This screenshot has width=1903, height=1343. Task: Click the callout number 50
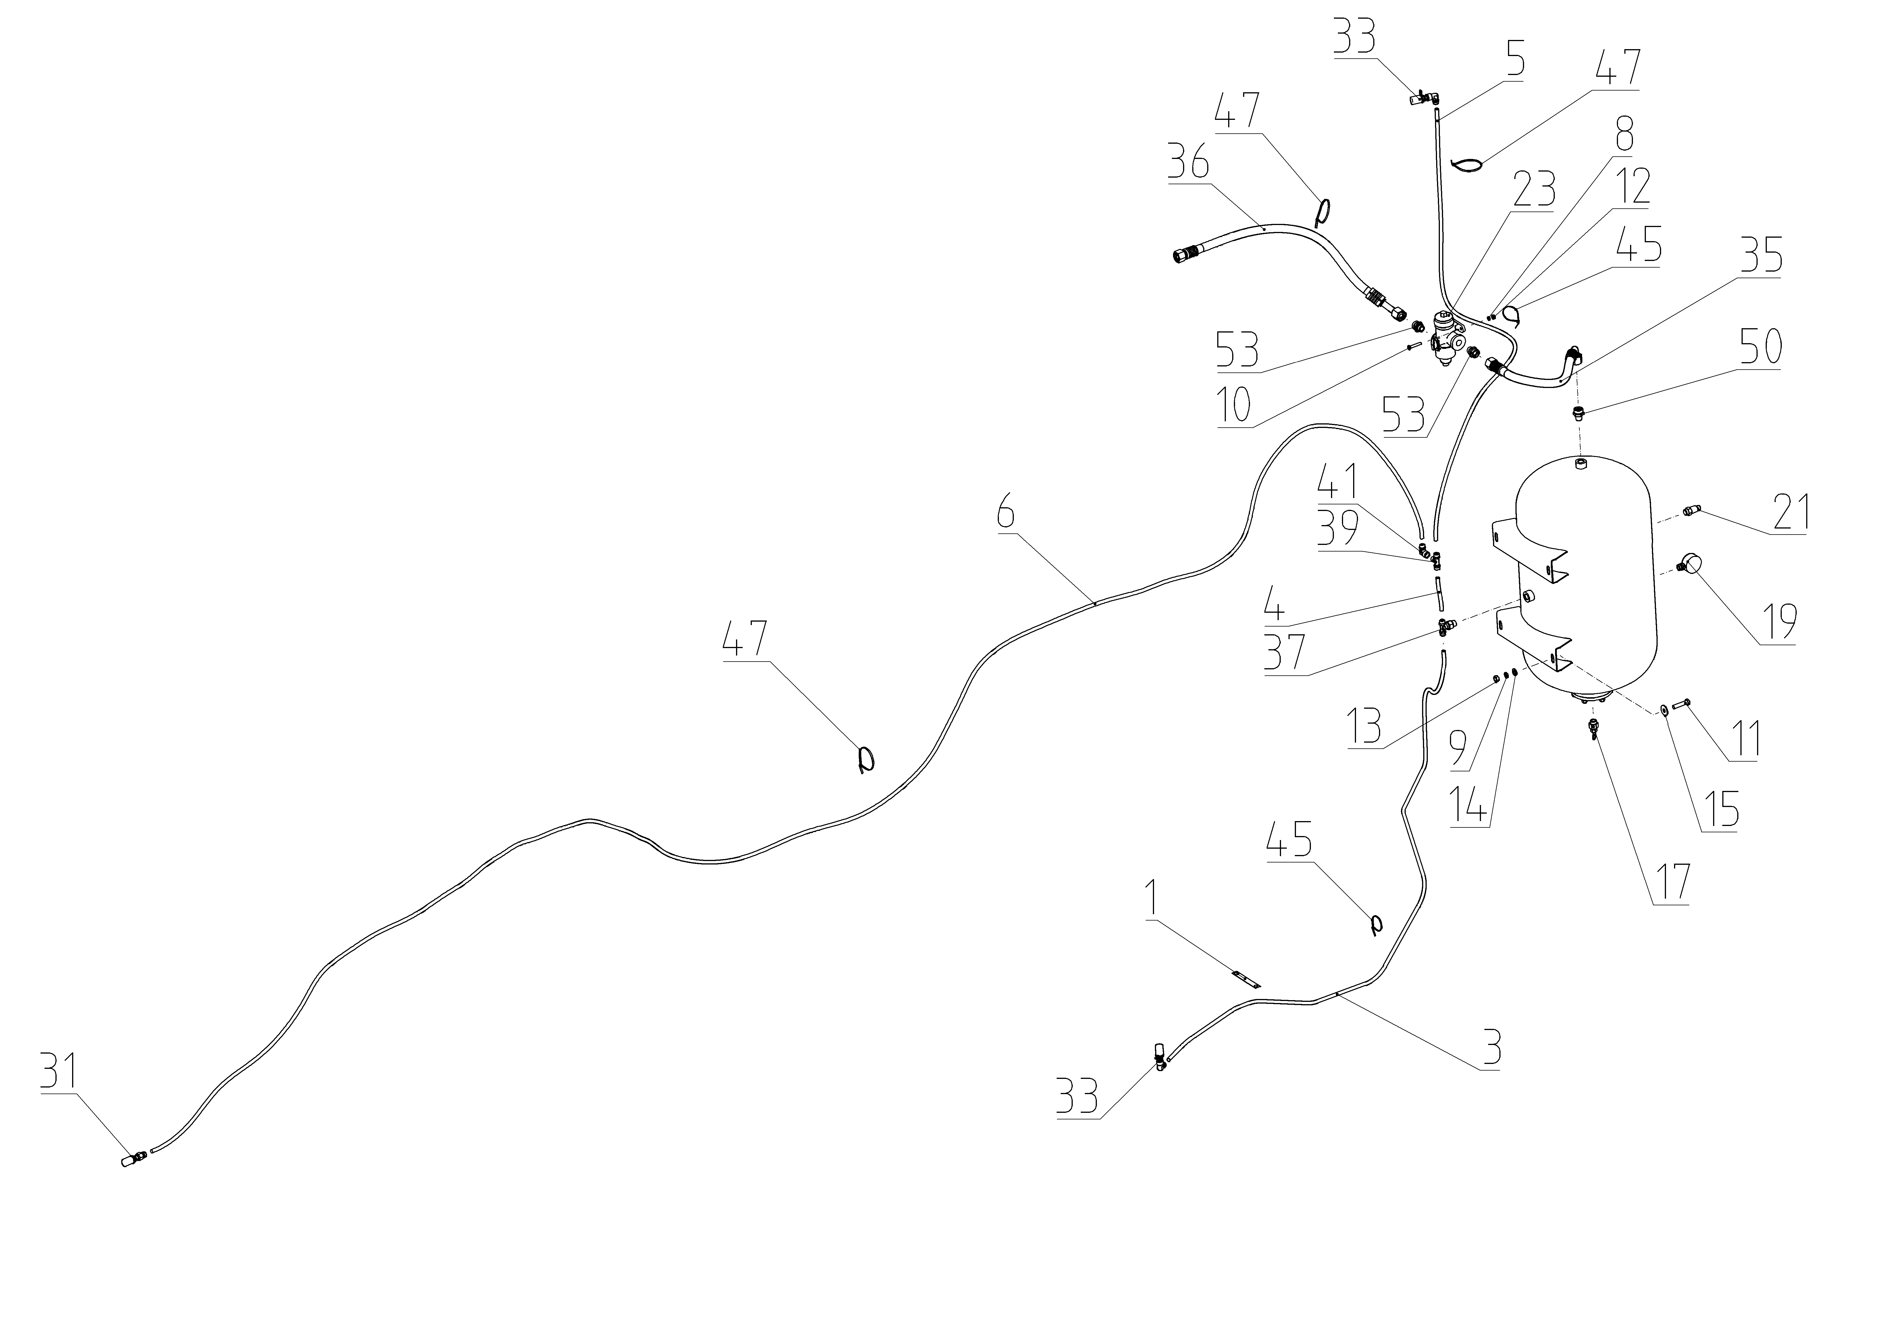click(1760, 347)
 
